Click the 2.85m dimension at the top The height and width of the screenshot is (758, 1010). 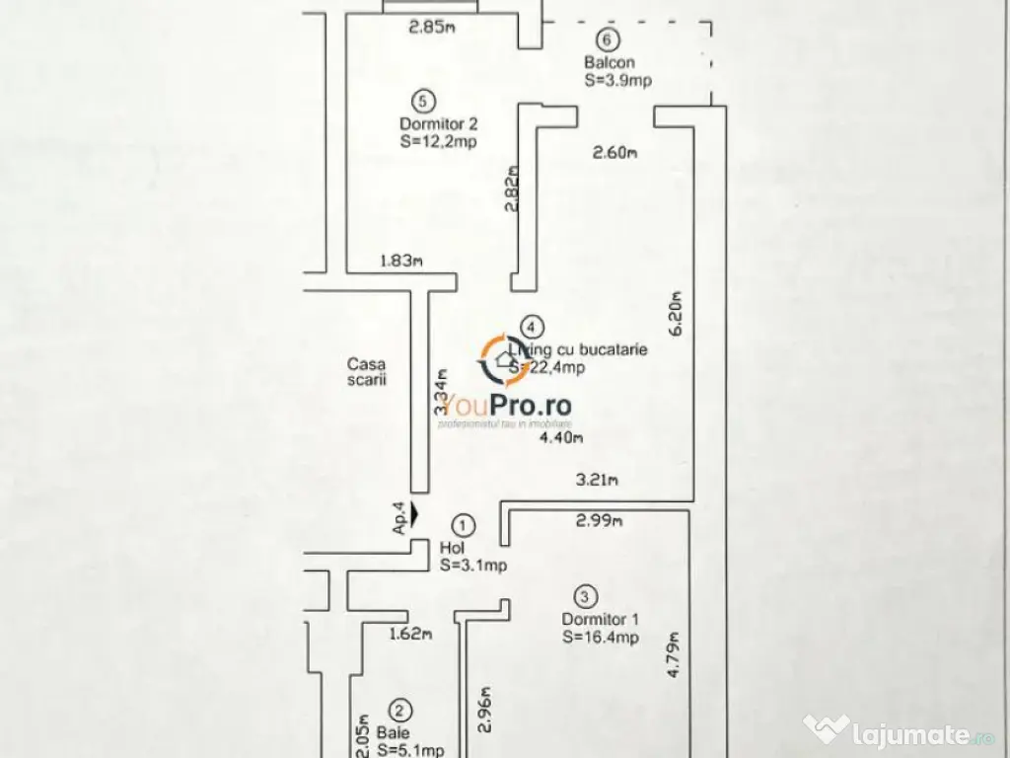(432, 27)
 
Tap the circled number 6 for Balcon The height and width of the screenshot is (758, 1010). (608, 39)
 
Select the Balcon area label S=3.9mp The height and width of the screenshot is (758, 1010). (617, 81)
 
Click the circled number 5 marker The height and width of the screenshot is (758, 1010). (423, 100)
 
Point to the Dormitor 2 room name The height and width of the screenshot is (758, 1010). (439, 124)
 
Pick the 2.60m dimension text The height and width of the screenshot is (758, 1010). (615, 152)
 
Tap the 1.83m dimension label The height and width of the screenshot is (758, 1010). (401, 262)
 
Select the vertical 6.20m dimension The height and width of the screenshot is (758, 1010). (677, 314)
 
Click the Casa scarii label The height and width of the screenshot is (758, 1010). (366, 371)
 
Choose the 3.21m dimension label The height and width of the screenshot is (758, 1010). (598, 482)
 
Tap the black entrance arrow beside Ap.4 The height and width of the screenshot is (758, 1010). (414, 513)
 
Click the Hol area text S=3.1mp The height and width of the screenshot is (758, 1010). (473, 566)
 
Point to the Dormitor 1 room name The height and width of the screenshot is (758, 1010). (601, 619)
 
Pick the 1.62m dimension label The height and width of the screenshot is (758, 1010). (410, 635)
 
